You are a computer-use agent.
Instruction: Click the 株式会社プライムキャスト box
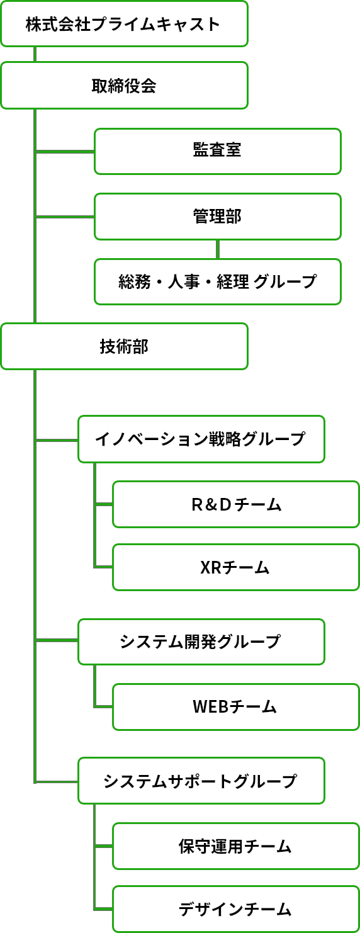(x=124, y=24)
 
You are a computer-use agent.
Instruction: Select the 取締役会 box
(x=124, y=86)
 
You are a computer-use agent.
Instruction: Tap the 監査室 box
(x=218, y=151)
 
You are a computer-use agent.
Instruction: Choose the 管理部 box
(x=218, y=217)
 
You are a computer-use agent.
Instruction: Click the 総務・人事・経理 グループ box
(x=218, y=281)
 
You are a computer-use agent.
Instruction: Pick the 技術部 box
(x=124, y=346)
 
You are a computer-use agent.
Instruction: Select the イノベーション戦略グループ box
(x=201, y=439)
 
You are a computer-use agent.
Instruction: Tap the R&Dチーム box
(x=236, y=504)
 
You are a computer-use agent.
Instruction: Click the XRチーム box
(x=236, y=567)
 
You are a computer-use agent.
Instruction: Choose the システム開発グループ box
(x=201, y=642)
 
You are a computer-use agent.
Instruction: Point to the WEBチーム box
(x=236, y=707)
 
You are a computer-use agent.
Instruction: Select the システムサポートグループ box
(x=201, y=781)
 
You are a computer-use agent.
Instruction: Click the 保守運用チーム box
(x=236, y=846)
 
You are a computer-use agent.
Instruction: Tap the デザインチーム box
(x=236, y=909)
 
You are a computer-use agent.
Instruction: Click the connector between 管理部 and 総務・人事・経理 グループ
(x=218, y=249)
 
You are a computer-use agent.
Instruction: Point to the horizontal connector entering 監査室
(x=65, y=152)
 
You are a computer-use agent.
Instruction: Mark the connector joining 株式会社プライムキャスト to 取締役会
(x=35, y=54)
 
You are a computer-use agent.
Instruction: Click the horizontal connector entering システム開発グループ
(x=57, y=640)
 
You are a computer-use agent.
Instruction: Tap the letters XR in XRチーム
(x=211, y=567)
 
